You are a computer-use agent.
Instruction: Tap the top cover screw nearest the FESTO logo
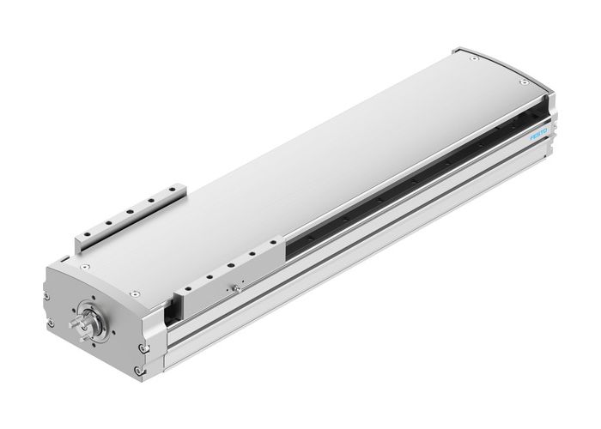[522, 82]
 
